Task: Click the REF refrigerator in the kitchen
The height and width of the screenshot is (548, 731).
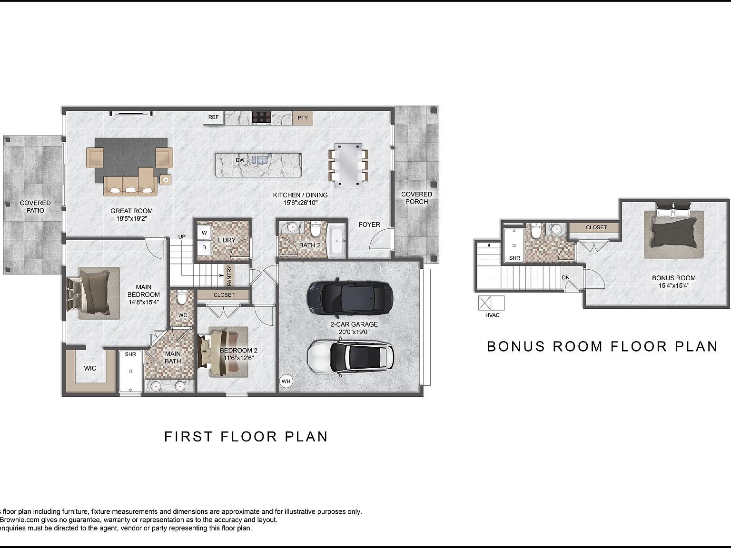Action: (x=214, y=117)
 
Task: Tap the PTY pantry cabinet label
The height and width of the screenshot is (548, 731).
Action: (x=303, y=117)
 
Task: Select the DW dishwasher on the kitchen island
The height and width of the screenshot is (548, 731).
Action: (x=240, y=160)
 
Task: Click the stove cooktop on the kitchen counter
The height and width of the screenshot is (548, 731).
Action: (x=261, y=117)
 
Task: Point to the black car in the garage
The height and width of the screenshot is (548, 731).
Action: (x=350, y=300)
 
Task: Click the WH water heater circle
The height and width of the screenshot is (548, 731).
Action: (x=286, y=381)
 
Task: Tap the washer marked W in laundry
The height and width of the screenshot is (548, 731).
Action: (x=205, y=233)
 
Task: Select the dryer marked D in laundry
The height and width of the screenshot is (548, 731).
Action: (x=205, y=247)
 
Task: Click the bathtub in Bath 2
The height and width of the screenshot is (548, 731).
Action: (x=337, y=241)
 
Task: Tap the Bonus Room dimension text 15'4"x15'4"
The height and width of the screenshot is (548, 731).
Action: (x=673, y=286)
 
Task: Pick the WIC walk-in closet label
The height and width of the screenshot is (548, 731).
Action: (x=90, y=368)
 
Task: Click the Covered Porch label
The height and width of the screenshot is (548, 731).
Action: (x=416, y=198)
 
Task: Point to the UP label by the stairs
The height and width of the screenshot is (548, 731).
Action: (x=182, y=237)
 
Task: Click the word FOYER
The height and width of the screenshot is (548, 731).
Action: (x=369, y=225)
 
